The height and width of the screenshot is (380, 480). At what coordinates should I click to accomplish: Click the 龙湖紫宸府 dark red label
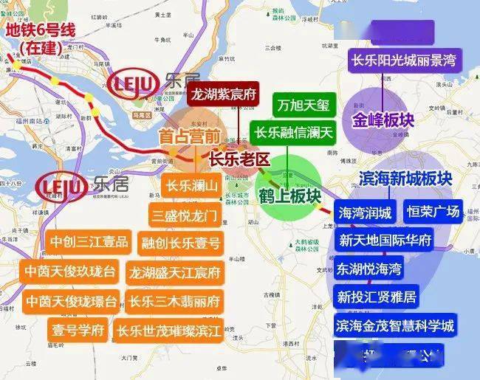(223, 94)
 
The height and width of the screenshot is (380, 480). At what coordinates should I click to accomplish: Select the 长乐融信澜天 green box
(294, 133)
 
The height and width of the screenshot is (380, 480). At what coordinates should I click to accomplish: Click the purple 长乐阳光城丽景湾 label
(405, 61)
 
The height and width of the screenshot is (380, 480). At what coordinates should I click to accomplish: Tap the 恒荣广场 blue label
(433, 213)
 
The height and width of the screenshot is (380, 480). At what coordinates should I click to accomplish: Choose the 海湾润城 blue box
(366, 213)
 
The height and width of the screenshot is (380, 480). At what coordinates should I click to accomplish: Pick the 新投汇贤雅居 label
(376, 297)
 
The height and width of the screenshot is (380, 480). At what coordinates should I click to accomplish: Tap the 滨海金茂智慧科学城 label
(394, 325)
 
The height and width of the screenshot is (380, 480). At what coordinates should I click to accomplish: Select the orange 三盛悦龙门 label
(184, 215)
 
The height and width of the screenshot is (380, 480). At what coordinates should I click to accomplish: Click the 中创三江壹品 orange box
(89, 242)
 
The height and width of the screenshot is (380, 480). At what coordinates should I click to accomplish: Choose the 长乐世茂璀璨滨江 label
(170, 330)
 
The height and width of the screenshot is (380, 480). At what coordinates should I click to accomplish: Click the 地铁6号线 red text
(41, 31)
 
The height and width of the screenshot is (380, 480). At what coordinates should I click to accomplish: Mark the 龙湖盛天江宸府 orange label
(174, 272)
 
